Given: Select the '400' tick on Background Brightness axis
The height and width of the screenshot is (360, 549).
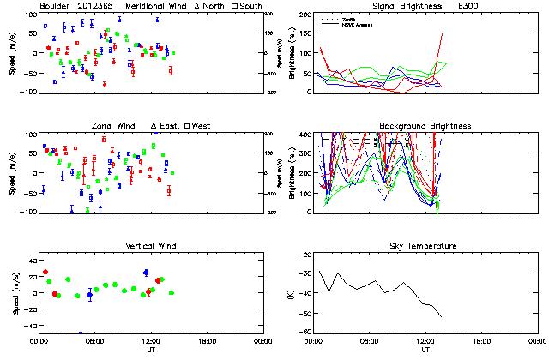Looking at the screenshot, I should tap(306, 135).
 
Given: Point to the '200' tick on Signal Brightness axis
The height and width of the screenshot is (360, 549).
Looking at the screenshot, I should tap(306, 15).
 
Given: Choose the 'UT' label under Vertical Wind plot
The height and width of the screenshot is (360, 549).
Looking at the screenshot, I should tap(150, 350).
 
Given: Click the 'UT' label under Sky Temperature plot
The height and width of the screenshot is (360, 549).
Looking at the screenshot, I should tap(426, 350).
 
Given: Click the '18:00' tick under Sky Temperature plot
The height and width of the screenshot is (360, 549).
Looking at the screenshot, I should tap(481, 340).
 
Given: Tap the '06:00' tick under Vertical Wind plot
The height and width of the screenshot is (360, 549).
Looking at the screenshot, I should tap(94, 340).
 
